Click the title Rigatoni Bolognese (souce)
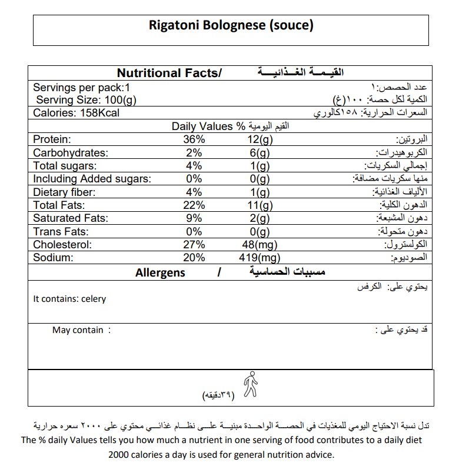click(231, 26)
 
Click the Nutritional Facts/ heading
click(169, 73)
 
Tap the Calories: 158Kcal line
click(76, 113)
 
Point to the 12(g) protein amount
click(260, 139)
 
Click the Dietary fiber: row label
click(64, 192)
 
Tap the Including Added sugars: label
click(92, 179)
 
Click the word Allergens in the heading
click(160, 272)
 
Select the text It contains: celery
click(70, 299)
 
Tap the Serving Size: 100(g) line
click(87, 100)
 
